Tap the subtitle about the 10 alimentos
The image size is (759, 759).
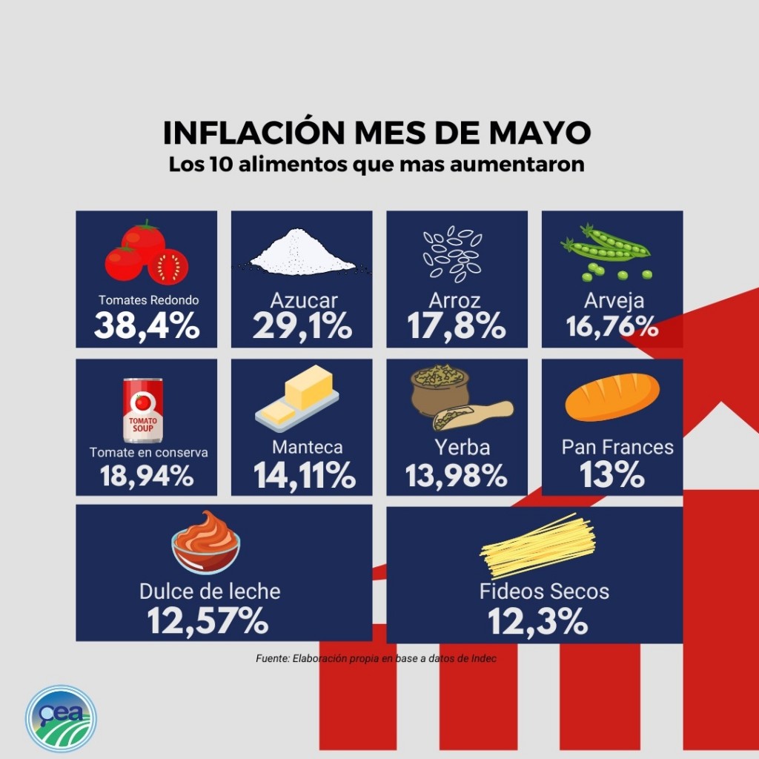click(x=377, y=164)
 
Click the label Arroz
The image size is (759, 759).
click(x=454, y=300)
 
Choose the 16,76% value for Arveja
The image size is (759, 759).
click(x=612, y=326)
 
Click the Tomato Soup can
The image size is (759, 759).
click(x=143, y=410)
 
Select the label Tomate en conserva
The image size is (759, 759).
click(x=148, y=452)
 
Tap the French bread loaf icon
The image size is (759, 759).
click(x=612, y=397)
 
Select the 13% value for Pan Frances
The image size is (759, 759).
click(x=611, y=474)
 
